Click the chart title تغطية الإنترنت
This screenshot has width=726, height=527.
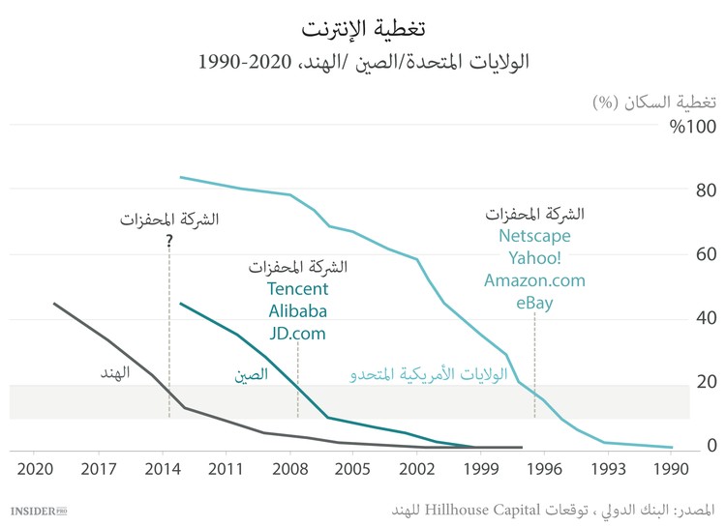[363, 25]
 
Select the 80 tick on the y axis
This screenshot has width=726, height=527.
[706, 191]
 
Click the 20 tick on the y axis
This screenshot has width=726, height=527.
[706, 382]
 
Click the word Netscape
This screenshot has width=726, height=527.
[534, 236]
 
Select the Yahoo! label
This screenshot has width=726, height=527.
[534, 258]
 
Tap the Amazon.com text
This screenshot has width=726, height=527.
[534, 280]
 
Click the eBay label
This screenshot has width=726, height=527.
[534, 303]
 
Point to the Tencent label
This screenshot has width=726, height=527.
[297, 289]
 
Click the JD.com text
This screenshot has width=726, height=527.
[297, 334]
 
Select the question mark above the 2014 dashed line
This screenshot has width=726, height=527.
[168, 241]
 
